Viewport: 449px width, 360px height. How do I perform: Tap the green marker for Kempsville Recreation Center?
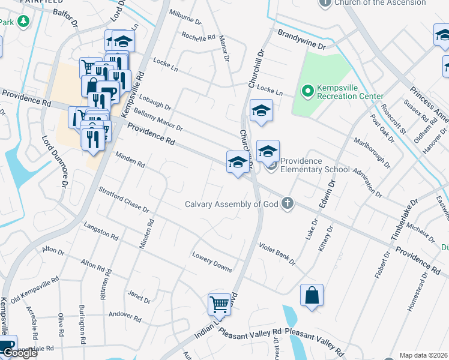coord(308,91)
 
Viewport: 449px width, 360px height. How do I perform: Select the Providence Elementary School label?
coord(315,165)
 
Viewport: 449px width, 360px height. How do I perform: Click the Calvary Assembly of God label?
coord(232,204)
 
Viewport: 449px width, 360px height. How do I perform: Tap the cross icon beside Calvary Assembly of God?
coord(288,203)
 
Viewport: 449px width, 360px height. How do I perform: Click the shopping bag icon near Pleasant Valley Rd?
coord(312,295)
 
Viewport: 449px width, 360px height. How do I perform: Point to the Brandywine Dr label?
coord(301,37)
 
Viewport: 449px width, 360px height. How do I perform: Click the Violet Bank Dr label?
coord(277,254)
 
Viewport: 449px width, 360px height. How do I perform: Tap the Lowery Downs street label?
coord(212,262)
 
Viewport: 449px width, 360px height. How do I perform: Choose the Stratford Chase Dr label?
coord(123,199)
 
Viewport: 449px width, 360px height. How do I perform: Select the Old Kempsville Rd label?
coord(34,288)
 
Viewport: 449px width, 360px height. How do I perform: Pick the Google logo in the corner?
coord(19,353)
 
